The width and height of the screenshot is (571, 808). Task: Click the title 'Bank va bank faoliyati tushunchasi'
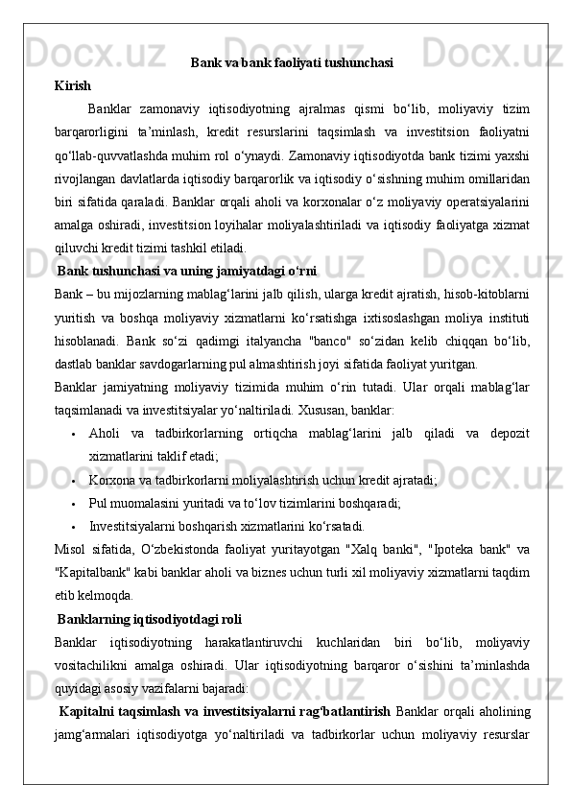[291, 63]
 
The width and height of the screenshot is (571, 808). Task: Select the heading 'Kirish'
[73, 85]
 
